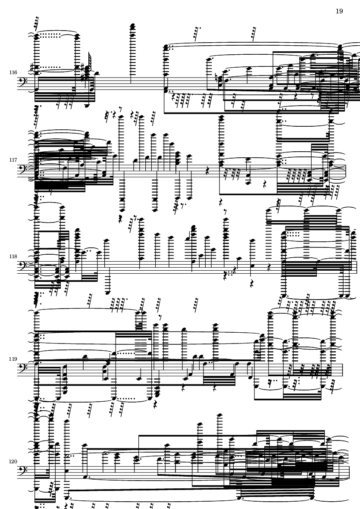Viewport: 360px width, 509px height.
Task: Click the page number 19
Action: point(339,11)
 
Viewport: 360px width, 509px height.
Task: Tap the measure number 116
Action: point(13,72)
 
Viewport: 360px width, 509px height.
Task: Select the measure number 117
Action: point(13,160)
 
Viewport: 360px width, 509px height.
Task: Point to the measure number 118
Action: point(13,256)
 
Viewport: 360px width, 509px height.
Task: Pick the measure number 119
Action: point(13,359)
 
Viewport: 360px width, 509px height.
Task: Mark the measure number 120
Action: point(13,461)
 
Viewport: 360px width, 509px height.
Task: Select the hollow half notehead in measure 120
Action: point(106,453)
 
